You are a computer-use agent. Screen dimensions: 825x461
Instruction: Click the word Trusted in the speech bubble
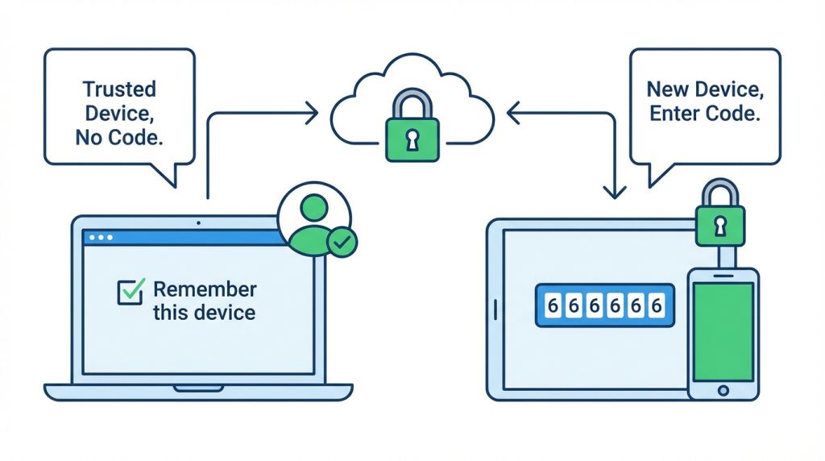(x=119, y=89)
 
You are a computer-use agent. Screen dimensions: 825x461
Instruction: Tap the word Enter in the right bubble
(x=674, y=113)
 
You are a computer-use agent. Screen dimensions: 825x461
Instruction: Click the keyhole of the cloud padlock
(x=412, y=140)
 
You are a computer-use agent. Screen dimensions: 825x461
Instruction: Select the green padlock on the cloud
(x=412, y=125)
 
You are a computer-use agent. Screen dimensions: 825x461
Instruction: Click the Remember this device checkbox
(x=130, y=292)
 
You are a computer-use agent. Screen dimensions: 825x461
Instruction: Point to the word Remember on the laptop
(x=205, y=289)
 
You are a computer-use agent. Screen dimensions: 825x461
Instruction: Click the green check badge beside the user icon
(x=342, y=242)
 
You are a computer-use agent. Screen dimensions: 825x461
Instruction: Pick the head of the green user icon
(x=314, y=207)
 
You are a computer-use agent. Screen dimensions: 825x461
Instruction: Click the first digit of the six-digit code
(x=553, y=305)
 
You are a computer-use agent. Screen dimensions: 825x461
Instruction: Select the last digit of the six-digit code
(x=656, y=305)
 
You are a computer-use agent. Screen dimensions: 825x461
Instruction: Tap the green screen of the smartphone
(x=723, y=331)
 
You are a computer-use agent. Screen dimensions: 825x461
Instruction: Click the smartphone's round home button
(x=723, y=391)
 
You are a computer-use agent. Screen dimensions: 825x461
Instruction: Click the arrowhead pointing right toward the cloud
(x=313, y=113)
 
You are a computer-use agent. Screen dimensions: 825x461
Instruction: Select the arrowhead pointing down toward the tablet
(x=614, y=192)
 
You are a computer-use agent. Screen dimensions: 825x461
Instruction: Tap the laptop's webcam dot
(x=198, y=223)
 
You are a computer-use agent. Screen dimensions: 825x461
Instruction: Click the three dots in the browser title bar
(x=101, y=237)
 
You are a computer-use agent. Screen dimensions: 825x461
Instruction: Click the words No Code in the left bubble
(x=119, y=137)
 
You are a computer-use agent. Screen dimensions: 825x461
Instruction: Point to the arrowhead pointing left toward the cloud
(x=513, y=113)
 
